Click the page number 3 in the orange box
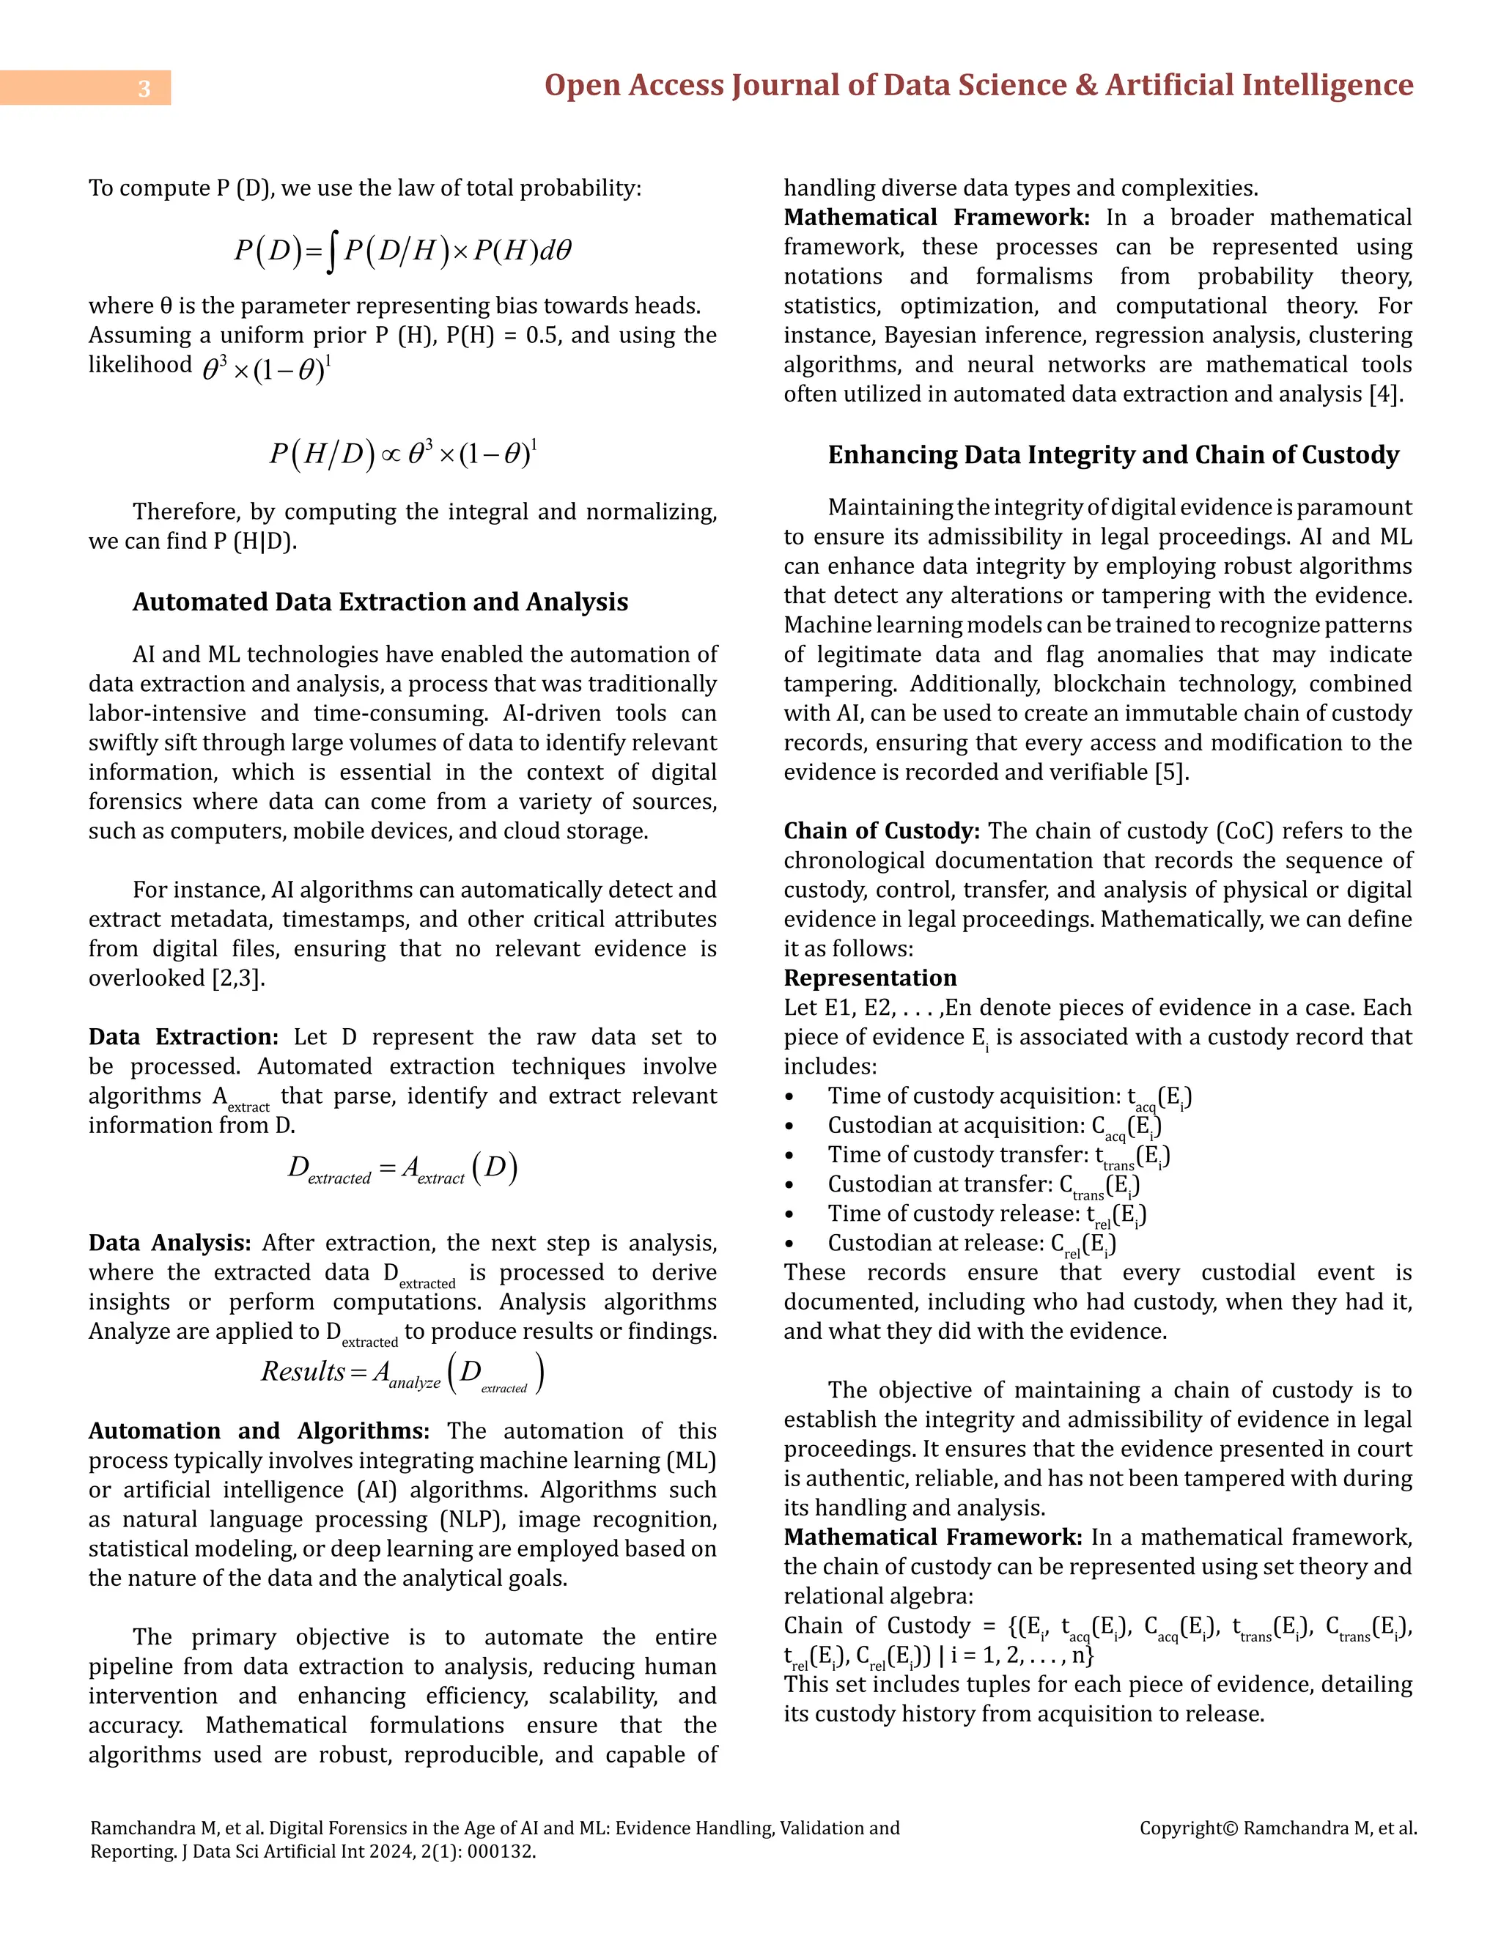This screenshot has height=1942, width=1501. tap(144, 88)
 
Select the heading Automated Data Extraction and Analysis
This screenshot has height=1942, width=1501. tap(380, 602)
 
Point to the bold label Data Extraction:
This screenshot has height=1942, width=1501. tap(183, 1037)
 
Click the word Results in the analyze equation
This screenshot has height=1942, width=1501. tap(303, 1372)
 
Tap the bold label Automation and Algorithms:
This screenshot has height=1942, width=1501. tap(259, 1430)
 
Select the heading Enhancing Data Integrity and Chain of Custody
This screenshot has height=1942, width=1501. tap(1113, 454)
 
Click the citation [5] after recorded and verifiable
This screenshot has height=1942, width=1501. tap(1170, 772)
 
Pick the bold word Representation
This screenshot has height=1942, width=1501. tap(870, 978)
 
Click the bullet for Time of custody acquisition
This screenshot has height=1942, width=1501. tap(789, 1097)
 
